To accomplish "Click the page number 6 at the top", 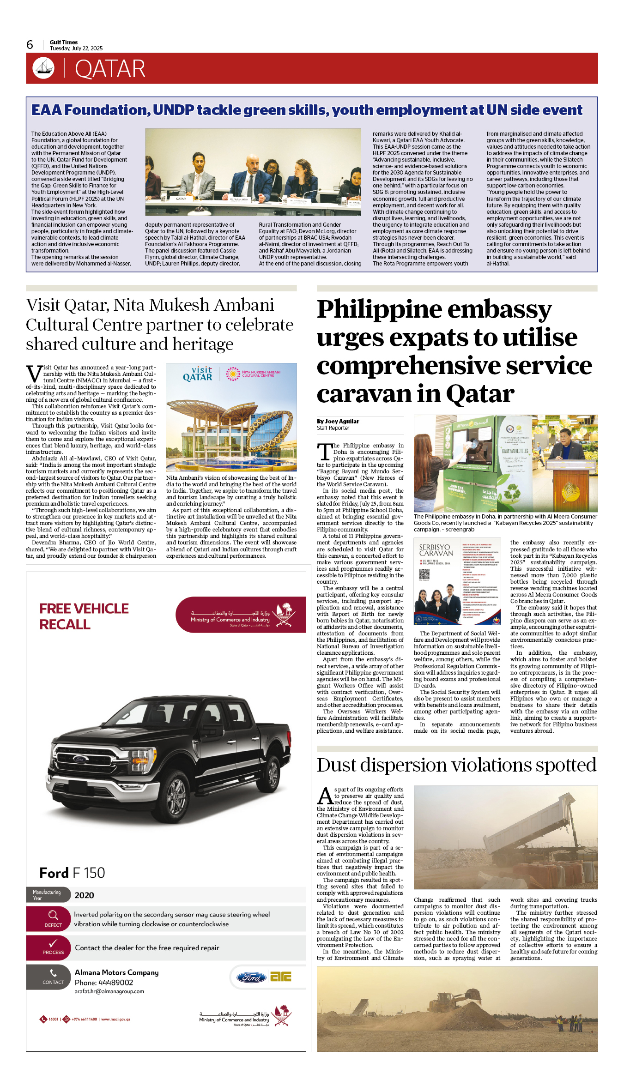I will click(x=30, y=45).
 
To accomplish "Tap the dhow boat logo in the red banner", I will click(x=43, y=68).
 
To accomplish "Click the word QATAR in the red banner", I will click(x=110, y=69).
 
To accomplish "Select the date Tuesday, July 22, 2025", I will click(x=76, y=48).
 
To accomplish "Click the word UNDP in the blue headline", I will click(x=173, y=110).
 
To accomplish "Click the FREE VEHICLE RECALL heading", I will click(x=84, y=616).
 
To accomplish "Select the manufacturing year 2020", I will click(x=84, y=895).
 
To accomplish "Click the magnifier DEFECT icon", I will click(x=53, y=918).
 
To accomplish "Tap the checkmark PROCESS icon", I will click(x=53, y=946).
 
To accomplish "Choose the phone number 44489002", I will click(x=115, y=983).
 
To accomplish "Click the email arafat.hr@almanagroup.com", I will click(x=109, y=991).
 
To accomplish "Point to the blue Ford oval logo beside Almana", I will click(x=251, y=977).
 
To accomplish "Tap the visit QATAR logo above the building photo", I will click(x=198, y=374).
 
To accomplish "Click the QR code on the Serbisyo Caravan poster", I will click(x=424, y=574).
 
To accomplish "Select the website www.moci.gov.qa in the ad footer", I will click(x=115, y=1019).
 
